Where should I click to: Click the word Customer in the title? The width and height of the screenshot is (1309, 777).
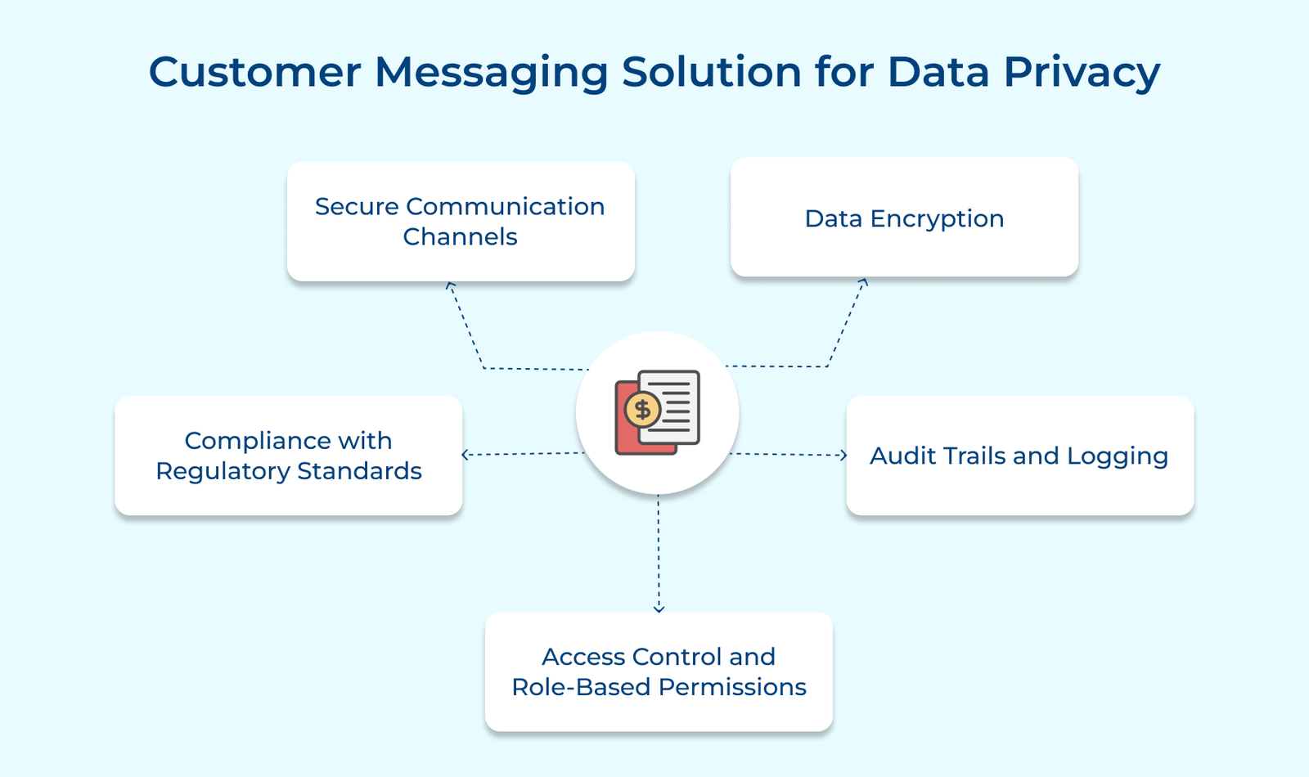pyautogui.click(x=254, y=72)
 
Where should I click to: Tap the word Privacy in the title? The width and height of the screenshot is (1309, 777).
pyautogui.click(x=1082, y=72)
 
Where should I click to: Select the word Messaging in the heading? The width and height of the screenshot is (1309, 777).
pyautogui.click(x=491, y=74)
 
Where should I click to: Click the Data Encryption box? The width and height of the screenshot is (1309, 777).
pyautogui.click(x=904, y=218)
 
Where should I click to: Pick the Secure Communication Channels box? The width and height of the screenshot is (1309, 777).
pyautogui.click(x=461, y=222)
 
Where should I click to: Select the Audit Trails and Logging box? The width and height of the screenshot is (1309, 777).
pyautogui.click(x=1019, y=456)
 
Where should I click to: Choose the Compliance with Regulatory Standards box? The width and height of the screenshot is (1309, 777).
pyautogui.click(x=289, y=456)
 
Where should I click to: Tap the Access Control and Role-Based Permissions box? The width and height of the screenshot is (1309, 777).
pyautogui.click(x=659, y=671)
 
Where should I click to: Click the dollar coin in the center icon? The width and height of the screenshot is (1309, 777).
pyautogui.click(x=643, y=410)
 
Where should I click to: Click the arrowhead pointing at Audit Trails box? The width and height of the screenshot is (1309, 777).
pyautogui.click(x=843, y=456)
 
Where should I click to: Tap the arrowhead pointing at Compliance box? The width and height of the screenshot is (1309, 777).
pyautogui.click(x=466, y=455)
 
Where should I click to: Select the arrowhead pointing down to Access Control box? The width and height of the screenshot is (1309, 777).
pyautogui.click(x=659, y=608)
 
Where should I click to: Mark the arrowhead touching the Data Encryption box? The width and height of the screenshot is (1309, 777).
pyautogui.click(x=863, y=282)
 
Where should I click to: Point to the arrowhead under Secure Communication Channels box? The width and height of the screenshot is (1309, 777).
pyautogui.click(x=450, y=285)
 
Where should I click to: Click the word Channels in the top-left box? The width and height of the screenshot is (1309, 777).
pyautogui.click(x=460, y=237)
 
